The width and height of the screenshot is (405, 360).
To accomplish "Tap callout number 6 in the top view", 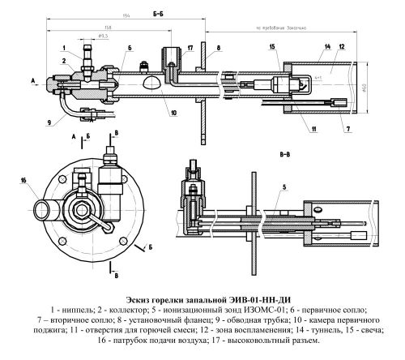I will pyautogui.click(x=128, y=49).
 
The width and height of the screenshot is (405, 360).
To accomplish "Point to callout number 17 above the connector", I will pyautogui.click(x=189, y=49).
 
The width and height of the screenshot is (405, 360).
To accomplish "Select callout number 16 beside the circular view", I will pyautogui.click(x=23, y=180).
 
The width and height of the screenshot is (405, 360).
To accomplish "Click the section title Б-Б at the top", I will pyautogui.click(x=159, y=13).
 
